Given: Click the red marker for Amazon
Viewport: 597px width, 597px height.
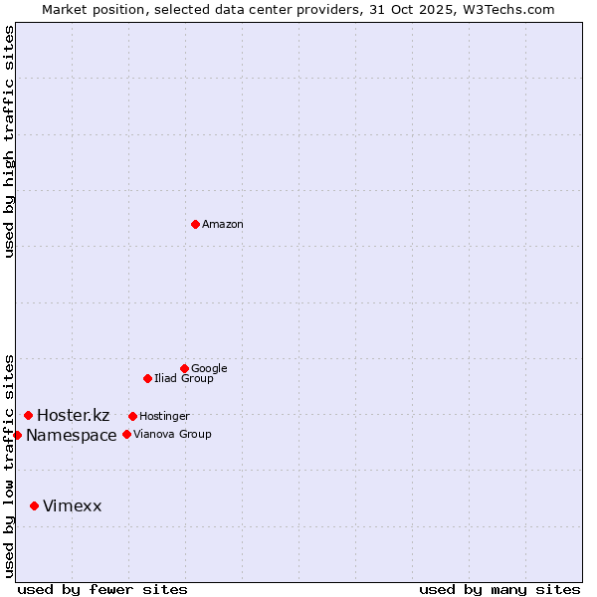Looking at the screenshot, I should [x=195, y=224].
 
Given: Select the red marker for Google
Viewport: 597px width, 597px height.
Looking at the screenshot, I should [x=184, y=368].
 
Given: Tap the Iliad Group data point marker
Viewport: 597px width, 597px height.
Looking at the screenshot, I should [x=147, y=378].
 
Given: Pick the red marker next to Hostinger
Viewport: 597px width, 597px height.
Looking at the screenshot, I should [x=132, y=416].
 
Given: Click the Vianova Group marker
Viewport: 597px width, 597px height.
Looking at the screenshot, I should [x=126, y=434].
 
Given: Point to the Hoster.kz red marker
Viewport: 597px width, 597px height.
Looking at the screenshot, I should [x=28, y=415].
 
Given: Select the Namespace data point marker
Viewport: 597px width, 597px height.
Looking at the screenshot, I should [x=17, y=435].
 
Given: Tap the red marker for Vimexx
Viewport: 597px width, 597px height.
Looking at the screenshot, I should [x=34, y=505].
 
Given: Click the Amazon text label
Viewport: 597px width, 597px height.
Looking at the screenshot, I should [x=223, y=225].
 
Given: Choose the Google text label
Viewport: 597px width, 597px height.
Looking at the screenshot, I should [x=209, y=369].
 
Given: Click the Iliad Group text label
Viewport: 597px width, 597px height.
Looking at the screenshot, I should [x=184, y=379].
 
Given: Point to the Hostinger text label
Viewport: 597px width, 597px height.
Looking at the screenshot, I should [x=164, y=417].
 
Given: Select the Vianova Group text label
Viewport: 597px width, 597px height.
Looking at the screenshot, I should [x=172, y=435].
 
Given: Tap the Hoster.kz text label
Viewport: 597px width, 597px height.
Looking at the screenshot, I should [x=73, y=416].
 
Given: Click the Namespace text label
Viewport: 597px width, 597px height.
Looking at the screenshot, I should [x=72, y=436].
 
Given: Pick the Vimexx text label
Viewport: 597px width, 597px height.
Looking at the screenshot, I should [x=72, y=506].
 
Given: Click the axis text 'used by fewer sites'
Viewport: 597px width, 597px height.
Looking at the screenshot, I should [x=102, y=589].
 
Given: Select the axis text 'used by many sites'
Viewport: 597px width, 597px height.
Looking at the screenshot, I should [x=499, y=589].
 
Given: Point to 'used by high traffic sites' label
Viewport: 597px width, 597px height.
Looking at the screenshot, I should [x=9, y=141].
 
